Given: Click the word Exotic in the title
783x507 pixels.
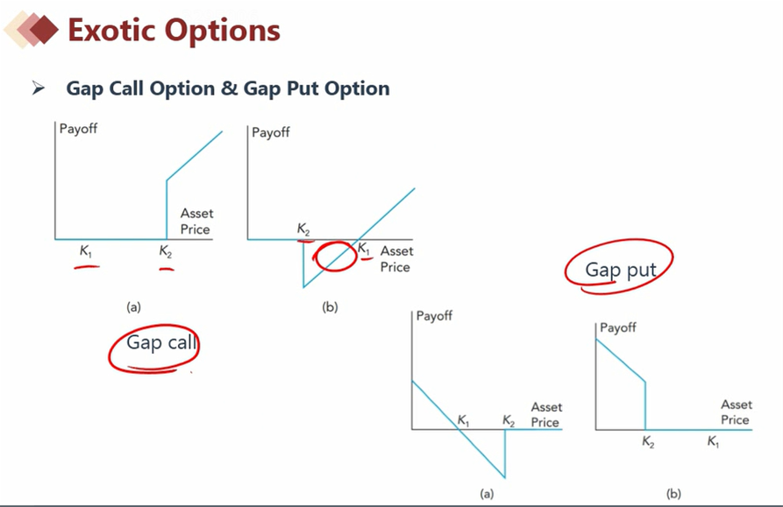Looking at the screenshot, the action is click(x=111, y=30).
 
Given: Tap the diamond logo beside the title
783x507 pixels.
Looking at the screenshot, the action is click(x=31, y=30).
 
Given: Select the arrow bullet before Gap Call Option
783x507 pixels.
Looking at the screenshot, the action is click(x=38, y=88).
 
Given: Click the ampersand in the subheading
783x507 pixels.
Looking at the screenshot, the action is click(x=229, y=88).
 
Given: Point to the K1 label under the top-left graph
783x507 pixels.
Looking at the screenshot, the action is click(x=86, y=250).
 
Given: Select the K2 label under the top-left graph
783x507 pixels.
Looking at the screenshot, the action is click(x=166, y=251).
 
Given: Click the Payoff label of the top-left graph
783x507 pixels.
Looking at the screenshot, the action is click(x=78, y=129).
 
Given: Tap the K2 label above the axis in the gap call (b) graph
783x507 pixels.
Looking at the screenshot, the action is click(x=303, y=229).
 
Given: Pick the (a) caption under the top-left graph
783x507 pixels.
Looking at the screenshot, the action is click(x=133, y=306).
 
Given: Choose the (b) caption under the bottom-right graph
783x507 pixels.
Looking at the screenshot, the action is click(x=673, y=494).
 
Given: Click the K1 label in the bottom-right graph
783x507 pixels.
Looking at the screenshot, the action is click(x=713, y=441).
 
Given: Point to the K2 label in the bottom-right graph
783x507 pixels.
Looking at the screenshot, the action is click(x=648, y=442).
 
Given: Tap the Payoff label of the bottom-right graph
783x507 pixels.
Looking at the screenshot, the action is click(x=618, y=327).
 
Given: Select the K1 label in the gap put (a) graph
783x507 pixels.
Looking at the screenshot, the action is click(x=464, y=421).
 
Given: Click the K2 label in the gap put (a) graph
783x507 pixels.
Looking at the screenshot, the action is click(x=509, y=421).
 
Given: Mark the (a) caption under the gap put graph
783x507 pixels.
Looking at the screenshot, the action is click(x=487, y=494).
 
